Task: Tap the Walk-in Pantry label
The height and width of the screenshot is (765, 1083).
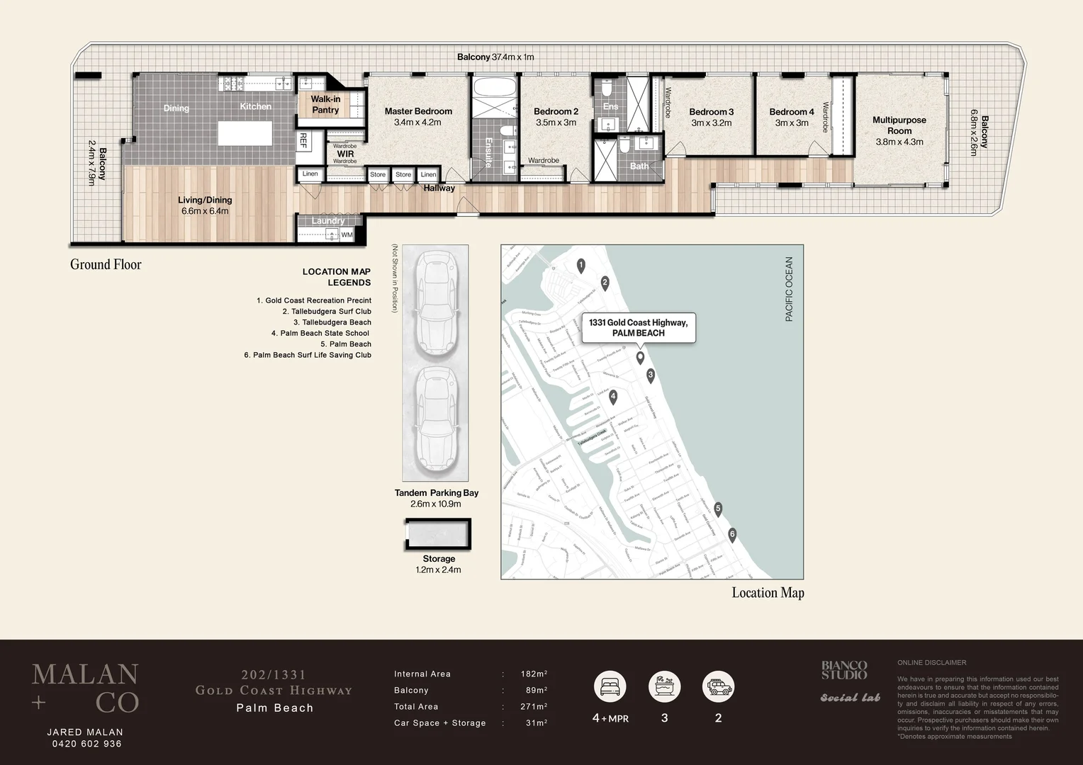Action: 325,105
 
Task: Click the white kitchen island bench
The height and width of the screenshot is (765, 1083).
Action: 245,133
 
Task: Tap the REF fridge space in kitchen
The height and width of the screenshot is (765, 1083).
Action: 303,140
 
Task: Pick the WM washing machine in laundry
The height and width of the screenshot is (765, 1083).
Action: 346,234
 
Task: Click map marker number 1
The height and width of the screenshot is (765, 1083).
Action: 580,266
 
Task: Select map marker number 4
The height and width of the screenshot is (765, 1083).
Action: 613,397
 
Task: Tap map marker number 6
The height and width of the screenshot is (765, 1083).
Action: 732,535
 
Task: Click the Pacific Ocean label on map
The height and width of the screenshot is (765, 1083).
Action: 789,289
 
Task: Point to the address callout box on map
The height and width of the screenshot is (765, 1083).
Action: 638,328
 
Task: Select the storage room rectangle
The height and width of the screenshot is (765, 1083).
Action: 438,534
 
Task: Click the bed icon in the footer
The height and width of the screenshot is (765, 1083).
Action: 610,686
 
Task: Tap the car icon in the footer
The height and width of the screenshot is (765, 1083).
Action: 718,686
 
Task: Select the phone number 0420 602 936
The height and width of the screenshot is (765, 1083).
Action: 86,744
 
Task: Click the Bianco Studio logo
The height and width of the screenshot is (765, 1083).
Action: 843,670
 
